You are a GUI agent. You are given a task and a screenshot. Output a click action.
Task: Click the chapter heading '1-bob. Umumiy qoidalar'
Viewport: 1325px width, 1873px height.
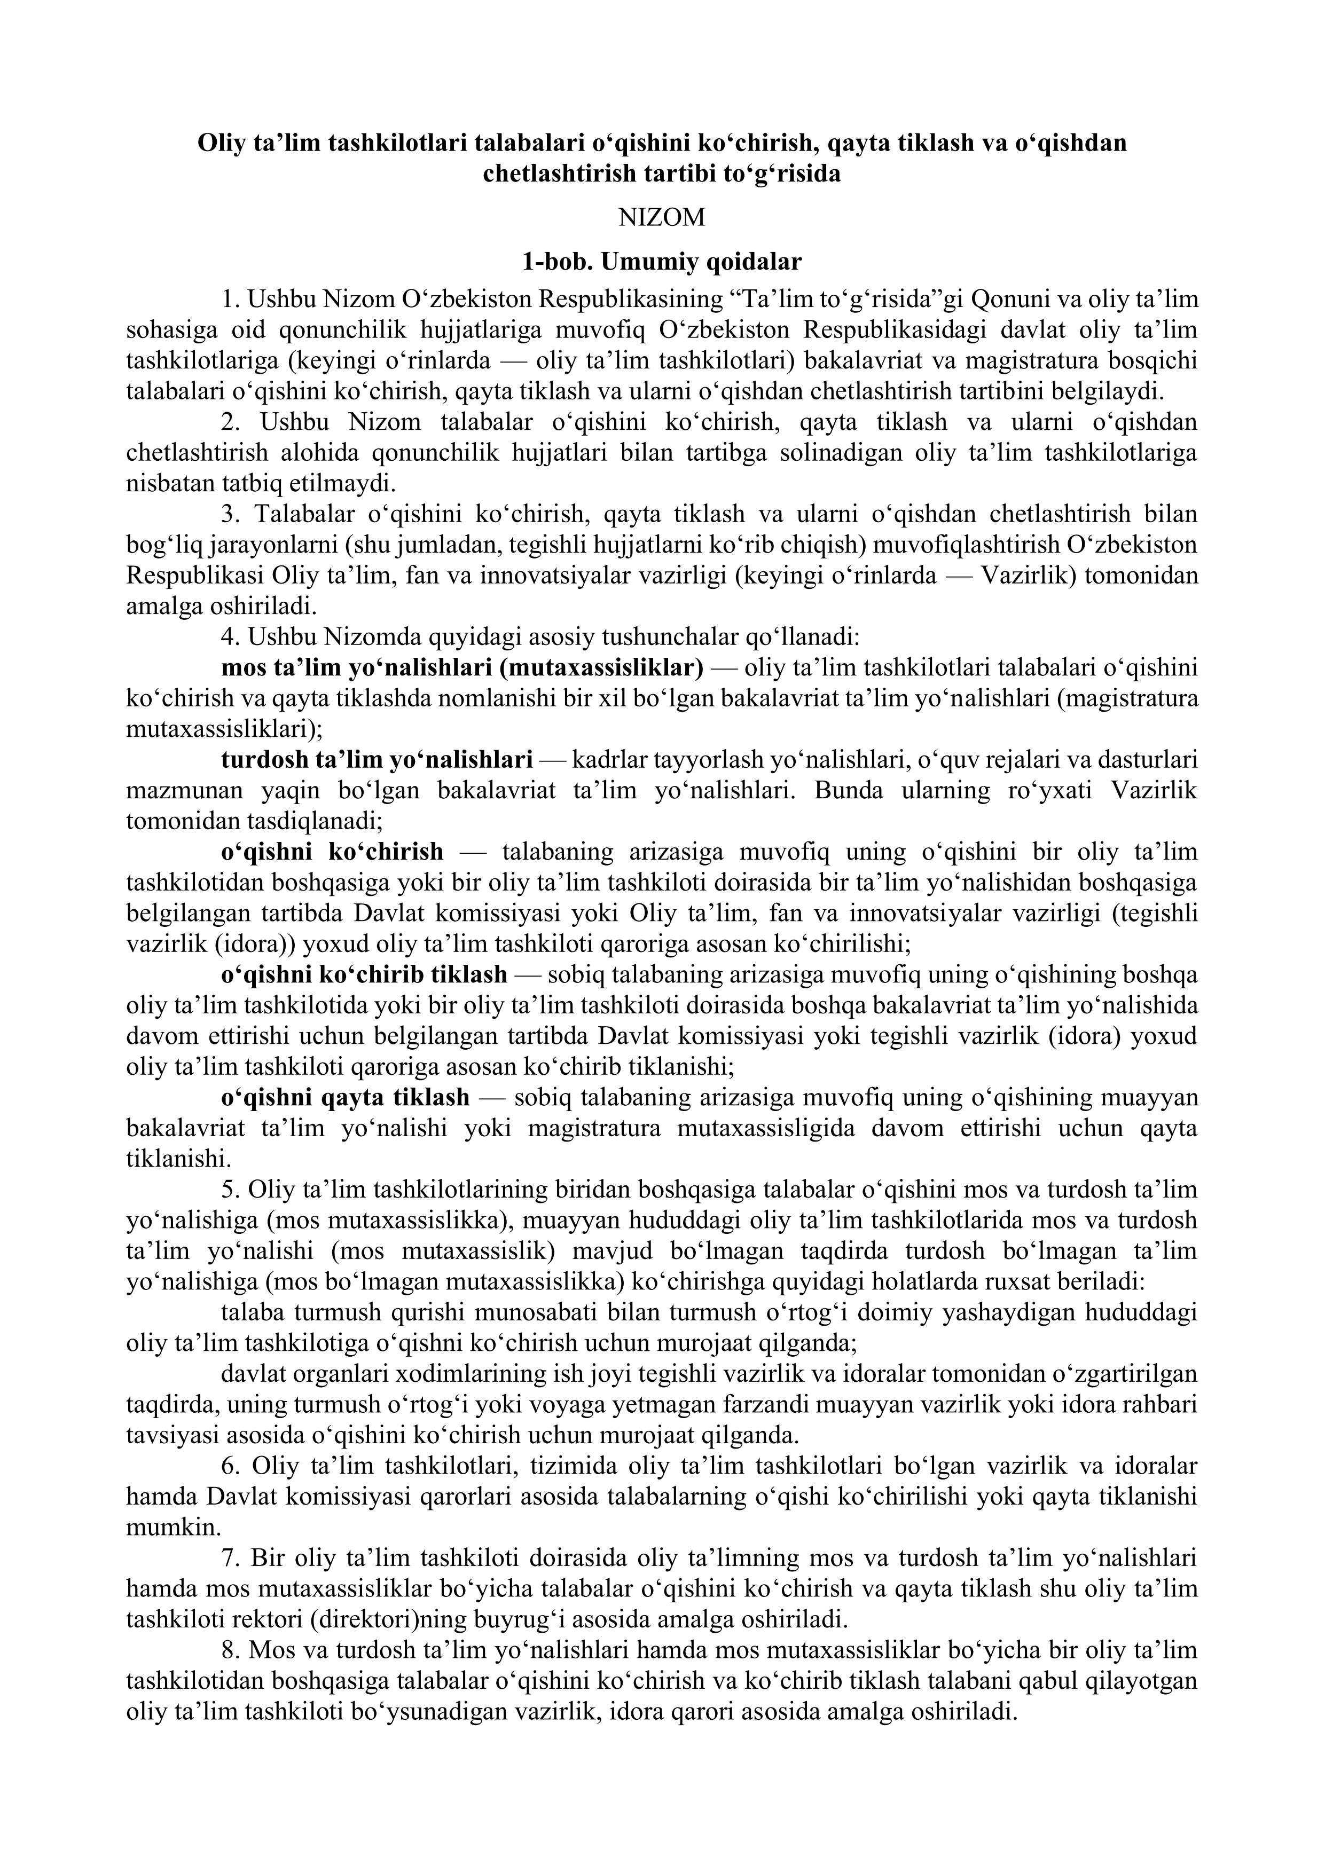[662, 262]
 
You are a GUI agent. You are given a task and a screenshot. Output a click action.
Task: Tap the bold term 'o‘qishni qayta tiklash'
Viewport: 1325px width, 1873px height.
[345, 1097]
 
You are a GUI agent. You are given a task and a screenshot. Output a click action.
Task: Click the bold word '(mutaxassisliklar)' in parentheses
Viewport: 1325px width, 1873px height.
[600, 668]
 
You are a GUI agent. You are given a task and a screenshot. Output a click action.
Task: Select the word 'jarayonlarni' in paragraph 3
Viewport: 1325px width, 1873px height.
[228, 545]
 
